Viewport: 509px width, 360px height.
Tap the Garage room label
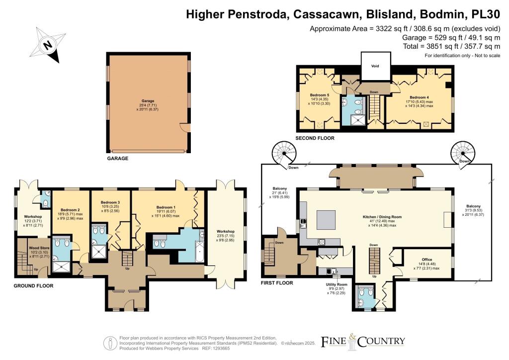[148, 101]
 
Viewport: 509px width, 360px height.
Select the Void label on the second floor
[375, 66]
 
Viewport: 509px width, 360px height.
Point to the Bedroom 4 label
[419, 97]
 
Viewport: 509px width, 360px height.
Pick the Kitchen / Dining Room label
[382, 217]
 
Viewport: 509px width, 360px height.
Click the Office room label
[427, 260]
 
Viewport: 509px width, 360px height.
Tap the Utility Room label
[337, 284]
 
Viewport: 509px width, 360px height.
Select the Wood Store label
[39, 248]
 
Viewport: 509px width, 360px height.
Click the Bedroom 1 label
[166, 207]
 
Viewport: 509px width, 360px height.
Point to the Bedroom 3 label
[110, 202]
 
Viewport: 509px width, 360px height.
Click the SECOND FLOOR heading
[315, 138]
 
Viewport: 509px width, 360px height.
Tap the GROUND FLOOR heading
[33, 285]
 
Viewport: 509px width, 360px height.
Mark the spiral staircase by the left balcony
[284, 153]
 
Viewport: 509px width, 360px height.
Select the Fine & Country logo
[363, 342]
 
